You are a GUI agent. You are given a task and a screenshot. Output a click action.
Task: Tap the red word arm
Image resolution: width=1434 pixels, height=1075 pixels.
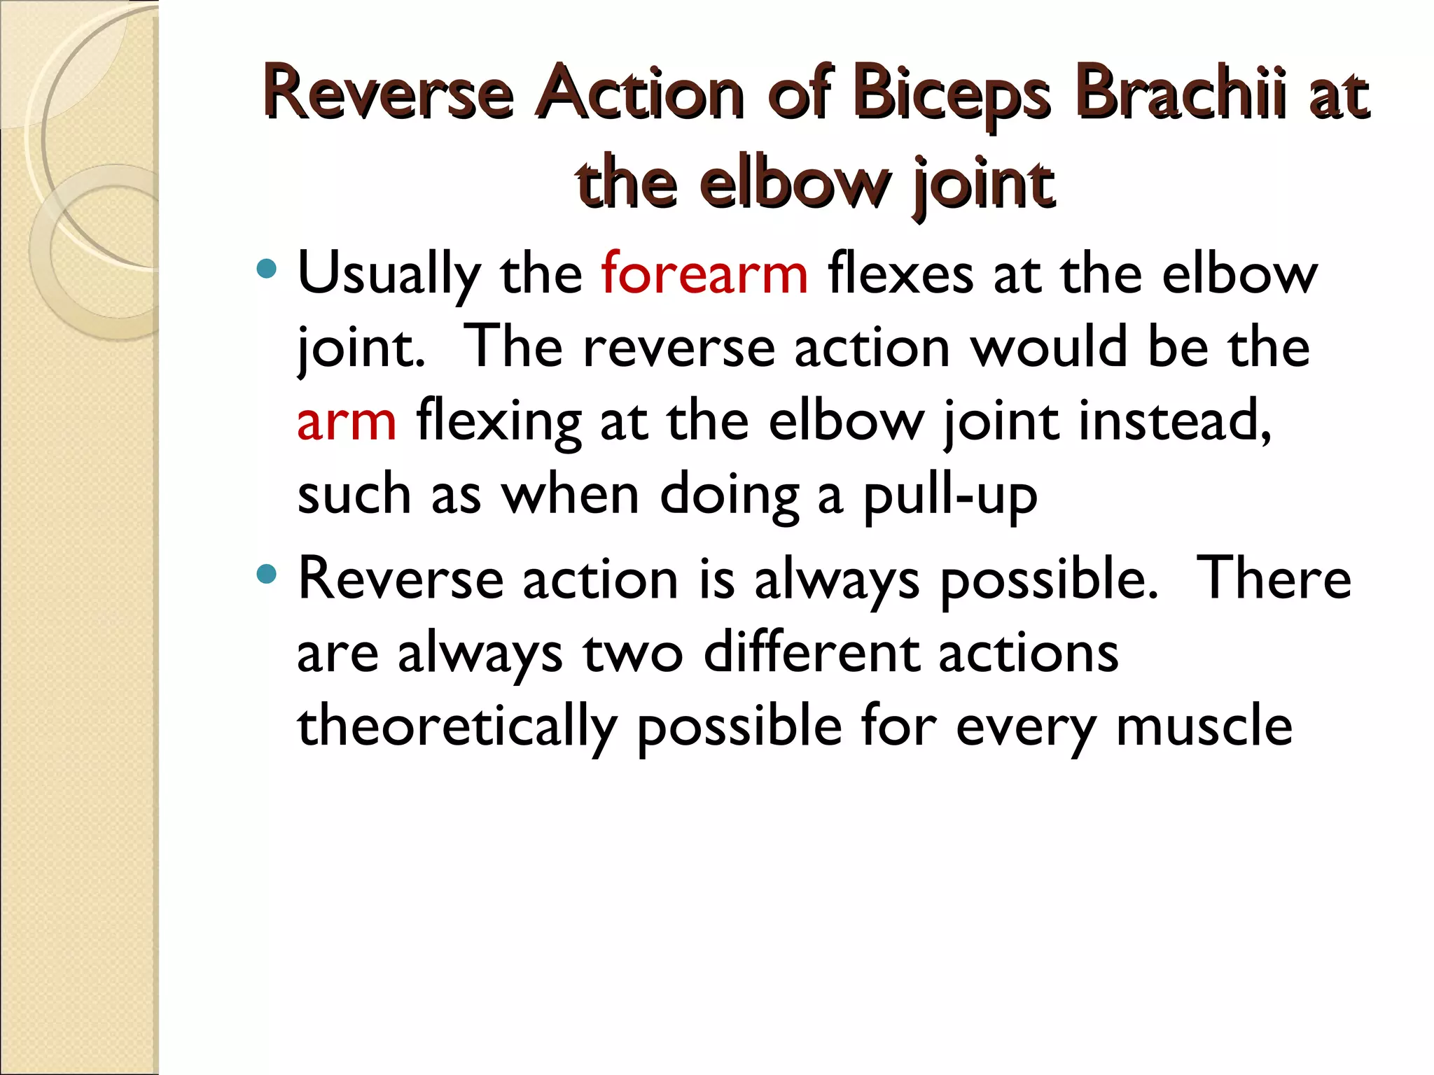347,423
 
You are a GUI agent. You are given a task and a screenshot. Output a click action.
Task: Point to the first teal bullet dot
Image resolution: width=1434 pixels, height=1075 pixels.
267,268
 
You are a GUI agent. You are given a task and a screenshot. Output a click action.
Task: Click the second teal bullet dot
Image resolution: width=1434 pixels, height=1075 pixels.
267,575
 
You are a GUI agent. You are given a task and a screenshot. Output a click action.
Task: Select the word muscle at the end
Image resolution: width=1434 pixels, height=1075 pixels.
1204,726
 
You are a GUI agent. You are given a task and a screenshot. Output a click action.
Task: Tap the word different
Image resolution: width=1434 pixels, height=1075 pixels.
812,653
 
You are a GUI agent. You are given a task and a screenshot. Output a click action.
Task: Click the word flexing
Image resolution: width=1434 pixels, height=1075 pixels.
499,423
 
